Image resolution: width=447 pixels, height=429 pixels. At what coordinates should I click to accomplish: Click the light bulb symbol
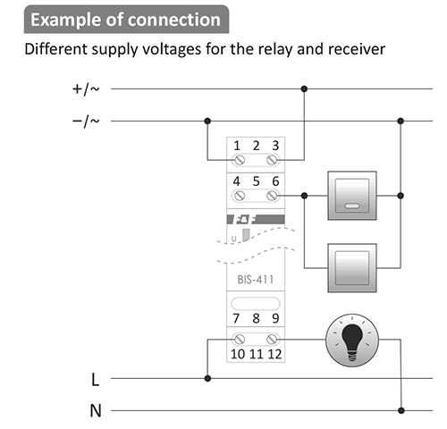point(352,340)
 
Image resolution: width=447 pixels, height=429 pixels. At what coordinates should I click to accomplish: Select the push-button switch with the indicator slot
point(352,196)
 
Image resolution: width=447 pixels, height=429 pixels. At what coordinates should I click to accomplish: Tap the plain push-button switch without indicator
point(352,268)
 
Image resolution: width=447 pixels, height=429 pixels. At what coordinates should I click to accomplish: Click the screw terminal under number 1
point(239,160)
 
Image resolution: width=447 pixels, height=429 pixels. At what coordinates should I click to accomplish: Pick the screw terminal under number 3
point(272,160)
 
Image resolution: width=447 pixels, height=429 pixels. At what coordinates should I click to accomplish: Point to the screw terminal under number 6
point(272,196)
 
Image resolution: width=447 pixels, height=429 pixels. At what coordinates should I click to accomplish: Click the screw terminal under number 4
point(239,196)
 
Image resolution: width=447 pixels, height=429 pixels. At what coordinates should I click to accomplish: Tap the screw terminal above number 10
point(239,339)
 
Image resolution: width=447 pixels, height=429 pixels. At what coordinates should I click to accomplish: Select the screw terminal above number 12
point(272,339)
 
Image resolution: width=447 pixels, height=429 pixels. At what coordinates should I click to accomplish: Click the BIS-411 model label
point(256,280)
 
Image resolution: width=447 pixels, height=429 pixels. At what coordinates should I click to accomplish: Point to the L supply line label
point(95,380)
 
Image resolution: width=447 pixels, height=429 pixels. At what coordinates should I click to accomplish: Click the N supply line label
point(96,410)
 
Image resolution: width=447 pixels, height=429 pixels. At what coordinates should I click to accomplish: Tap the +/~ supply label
point(86,88)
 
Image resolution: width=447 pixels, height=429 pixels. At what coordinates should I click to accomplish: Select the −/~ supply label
point(86,121)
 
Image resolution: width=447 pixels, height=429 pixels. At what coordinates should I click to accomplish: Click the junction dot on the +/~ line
point(304,88)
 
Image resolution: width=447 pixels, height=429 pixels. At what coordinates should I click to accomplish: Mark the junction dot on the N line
point(401,410)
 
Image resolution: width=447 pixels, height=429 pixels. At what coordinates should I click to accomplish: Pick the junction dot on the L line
point(207,378)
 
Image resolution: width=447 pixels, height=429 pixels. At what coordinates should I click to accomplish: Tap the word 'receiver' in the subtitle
point(357,49)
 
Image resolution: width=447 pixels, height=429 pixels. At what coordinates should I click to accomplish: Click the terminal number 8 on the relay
point(256,318)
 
